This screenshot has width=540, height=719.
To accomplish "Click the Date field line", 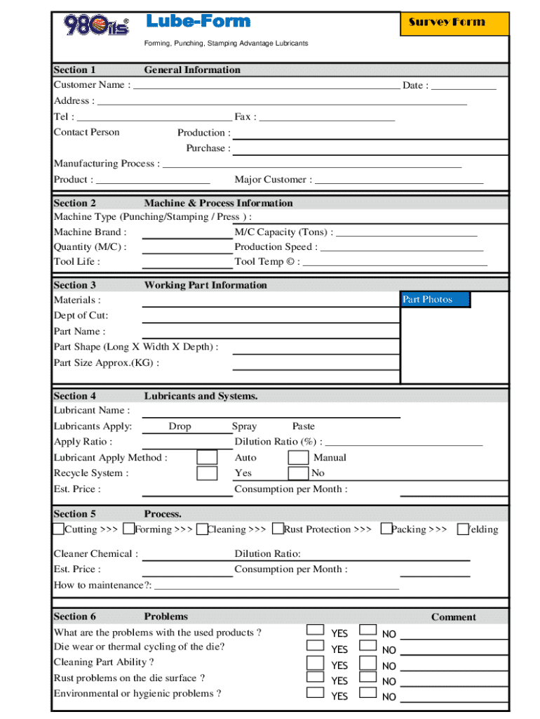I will click(464, 87).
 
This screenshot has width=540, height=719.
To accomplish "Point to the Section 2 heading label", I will click(75, 203).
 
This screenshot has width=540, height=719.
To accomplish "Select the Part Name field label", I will click(80, 331).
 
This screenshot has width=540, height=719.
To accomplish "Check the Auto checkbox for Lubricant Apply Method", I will click(207, 457).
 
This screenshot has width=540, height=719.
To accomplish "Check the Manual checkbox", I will click(299, 457).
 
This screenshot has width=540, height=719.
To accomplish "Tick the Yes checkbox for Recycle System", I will click(207, 473).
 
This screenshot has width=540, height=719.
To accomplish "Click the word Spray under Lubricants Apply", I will click(244, 426).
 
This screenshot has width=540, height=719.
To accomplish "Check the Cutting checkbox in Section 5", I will click(59, 528).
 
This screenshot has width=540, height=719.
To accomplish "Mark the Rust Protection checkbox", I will click(277, 528).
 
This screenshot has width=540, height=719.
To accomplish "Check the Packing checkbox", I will click(386, 528).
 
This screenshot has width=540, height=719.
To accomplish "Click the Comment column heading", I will click(453, 617).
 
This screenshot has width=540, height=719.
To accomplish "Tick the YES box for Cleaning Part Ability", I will click(316, 661).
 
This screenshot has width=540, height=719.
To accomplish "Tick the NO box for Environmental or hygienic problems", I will click(367, 692).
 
